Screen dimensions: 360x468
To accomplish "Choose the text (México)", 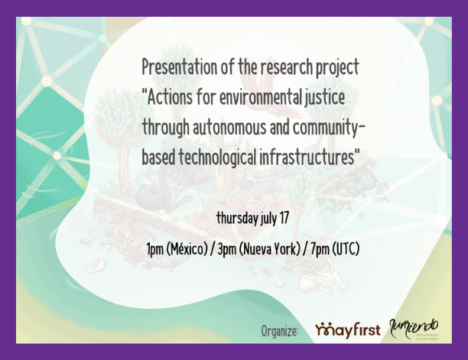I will (x=196, y=250).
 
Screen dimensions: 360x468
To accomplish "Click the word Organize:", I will (x=279, y=331).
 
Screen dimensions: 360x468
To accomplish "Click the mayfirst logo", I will (x=348, y=330).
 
